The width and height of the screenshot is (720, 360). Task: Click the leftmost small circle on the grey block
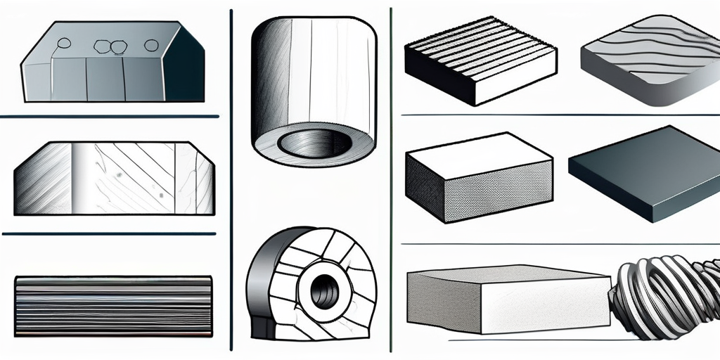click(x=64, y=44)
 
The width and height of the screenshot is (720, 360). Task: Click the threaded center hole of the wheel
click(x=323, y=285)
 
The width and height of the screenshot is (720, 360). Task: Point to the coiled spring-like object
click(x=664, y=295)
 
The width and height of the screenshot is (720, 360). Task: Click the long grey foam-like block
click(x=506, y=299)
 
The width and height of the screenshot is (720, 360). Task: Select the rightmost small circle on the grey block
click(x=151, y=45)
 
